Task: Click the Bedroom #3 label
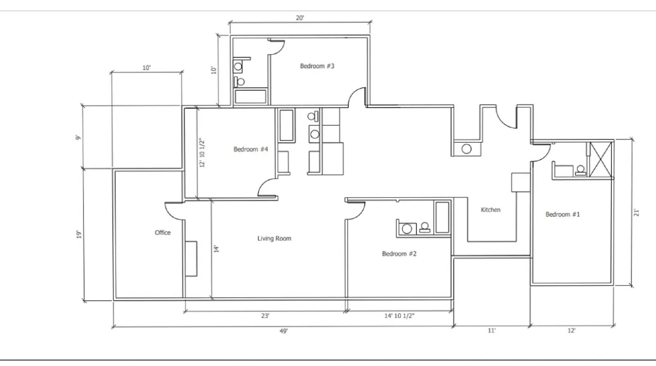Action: (317, 66)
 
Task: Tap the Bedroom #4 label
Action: (251, 149)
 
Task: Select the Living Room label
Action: (274, 239)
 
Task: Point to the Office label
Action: (162, 232)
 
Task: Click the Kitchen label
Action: (490, 210)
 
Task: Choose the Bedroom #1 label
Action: (563, 214)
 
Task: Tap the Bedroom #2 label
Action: (399, 254)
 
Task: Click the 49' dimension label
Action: (283, 331)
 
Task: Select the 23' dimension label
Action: (265, 316)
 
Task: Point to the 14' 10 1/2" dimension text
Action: (399, 316)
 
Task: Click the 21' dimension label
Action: (636, 213)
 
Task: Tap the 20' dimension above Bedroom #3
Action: (300, 18)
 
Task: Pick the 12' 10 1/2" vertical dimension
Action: (202, 152)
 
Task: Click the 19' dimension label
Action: (79, 234)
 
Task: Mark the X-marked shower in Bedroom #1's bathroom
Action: (600, 159)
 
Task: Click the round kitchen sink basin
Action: (467, 149)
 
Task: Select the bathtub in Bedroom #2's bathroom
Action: (442, 217)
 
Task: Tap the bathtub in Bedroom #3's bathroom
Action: (251, 96)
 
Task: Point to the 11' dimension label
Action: (492, 331)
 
